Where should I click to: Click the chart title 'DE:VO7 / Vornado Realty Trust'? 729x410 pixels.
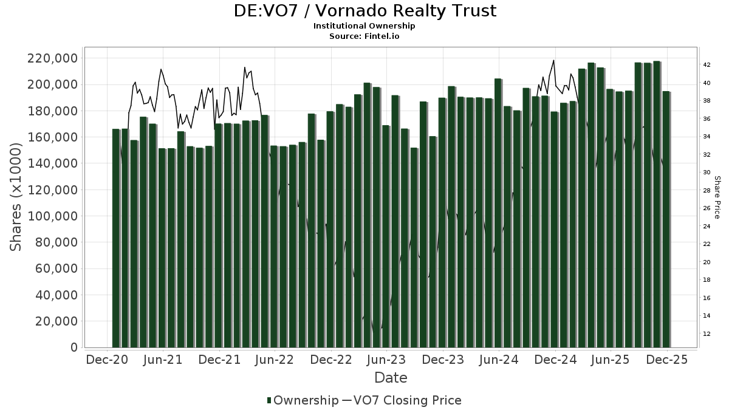(x=364, y=11)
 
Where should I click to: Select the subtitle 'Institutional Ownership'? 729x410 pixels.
(x=364, y=26)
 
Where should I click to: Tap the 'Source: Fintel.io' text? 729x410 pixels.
(x=364, y=36)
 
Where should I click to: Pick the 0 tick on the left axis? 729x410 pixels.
(x=74, y=347)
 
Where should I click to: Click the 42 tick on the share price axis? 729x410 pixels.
(x=707, y=65)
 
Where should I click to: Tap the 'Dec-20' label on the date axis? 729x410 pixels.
(x=106, y=360)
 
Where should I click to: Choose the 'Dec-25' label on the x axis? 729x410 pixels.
(x=666, y=360)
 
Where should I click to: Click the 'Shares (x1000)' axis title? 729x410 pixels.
(x=16, y=196)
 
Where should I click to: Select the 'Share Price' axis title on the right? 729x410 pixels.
(x=717, y=197)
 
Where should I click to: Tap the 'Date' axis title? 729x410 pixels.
(x=391, y=378)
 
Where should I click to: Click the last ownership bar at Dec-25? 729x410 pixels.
(x=666, y=219)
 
